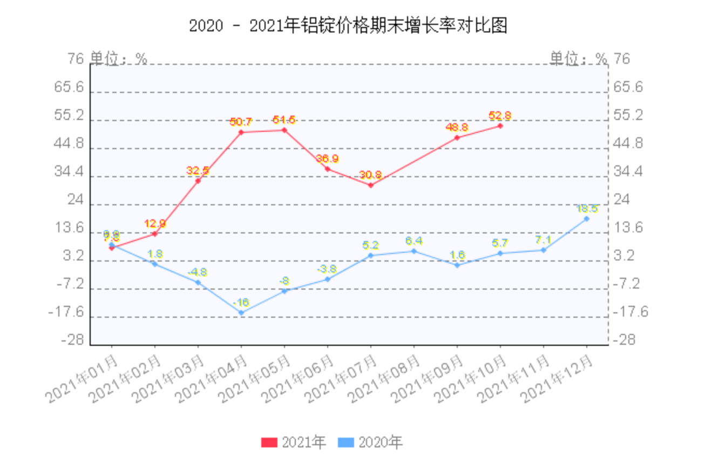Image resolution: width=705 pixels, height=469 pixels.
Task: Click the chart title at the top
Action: (348, 26)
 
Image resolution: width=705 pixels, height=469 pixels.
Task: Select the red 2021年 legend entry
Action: (294, 443)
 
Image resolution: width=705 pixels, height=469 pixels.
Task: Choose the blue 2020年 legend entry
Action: (370, 443)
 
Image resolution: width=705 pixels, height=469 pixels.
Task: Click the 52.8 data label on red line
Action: (500, 116)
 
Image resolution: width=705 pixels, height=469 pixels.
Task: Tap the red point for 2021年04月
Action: (241, 132)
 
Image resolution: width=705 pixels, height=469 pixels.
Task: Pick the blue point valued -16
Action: (241, 312)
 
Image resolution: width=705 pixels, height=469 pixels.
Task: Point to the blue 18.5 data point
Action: (586, 219)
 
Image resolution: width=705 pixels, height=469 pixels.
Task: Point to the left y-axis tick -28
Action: (72, 340)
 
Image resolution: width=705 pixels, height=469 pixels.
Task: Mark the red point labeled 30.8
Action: (371, 185)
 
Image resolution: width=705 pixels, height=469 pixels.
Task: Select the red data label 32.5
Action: (198, 171)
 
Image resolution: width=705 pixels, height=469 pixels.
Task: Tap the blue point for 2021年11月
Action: (544, 250)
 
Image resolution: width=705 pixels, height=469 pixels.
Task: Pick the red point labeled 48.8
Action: (457, 138)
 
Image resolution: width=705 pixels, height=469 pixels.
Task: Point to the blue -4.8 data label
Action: (198, 272)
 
